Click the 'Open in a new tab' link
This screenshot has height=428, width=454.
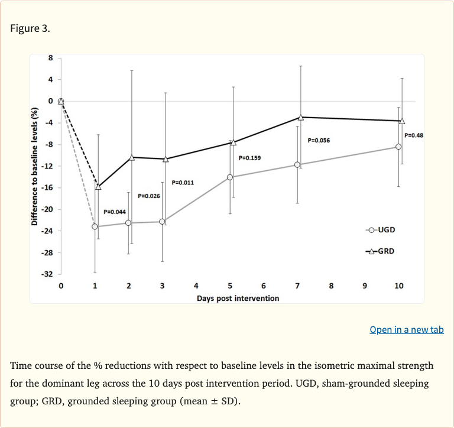[406, 330]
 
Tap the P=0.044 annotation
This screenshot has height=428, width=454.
[115, 211]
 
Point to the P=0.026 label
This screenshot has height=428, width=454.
[149, 195]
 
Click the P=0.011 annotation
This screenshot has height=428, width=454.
[183, 183]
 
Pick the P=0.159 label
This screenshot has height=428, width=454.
[249, 158]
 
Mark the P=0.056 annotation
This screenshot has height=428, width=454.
[319, 141]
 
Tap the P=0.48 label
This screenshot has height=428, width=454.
[414, 135]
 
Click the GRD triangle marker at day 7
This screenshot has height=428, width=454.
[301, 118]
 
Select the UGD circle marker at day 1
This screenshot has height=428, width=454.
[95, 226]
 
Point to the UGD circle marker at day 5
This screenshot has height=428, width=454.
[230, 177]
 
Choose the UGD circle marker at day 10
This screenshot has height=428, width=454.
[398, 147]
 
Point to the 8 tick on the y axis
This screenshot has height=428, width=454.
[50, 58]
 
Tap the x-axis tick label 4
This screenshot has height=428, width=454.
[196, 286]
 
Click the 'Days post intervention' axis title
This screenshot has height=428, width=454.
[238, 298]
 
